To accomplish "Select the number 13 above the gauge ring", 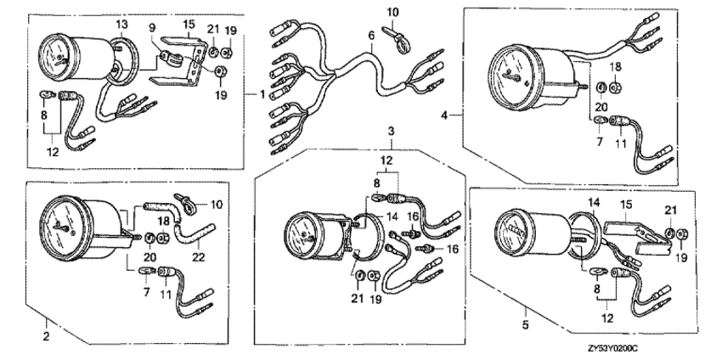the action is pos(121,25).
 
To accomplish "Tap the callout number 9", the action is pos(153,28).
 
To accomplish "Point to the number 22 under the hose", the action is pos(199,257).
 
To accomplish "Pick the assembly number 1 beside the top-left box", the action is pos(262,95).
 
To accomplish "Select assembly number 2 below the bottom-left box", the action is pos(46,336).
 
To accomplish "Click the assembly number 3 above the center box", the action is pos(391,132).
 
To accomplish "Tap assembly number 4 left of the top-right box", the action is pos(444,115).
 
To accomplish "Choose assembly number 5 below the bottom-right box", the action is pos(526,325).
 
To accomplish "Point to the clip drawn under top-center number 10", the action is pos(396,37).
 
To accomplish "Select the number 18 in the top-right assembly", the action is pos(615,67).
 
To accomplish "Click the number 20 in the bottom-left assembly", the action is pos(150,257).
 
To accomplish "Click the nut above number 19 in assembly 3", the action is pos(374,276).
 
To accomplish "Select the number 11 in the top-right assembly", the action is pos(621,143).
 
